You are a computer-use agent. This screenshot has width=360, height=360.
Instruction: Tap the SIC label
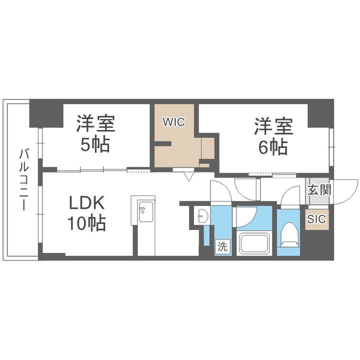pyautogui.click(x=316, y=218)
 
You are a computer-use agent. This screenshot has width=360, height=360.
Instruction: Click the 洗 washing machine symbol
pyautogui.click(x=222, y=246)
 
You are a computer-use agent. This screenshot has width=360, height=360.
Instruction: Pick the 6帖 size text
pyautogui.click(x=273, y=146)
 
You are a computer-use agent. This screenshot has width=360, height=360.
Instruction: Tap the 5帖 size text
pyautogui.click(x=95, y=144)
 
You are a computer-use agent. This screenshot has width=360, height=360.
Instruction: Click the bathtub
pyautogui.click(x=256, y=243)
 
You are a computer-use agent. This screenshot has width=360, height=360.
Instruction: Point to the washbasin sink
pyautogui.click(x=201, y=216)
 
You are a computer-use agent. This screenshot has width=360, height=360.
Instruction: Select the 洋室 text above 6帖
pyautogui.click(x=273, y=124)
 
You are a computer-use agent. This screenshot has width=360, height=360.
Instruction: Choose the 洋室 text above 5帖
pyautogui.click(x=95, y=123)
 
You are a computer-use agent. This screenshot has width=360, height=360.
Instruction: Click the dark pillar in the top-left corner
pyautogui.click(x=45, y=112)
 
